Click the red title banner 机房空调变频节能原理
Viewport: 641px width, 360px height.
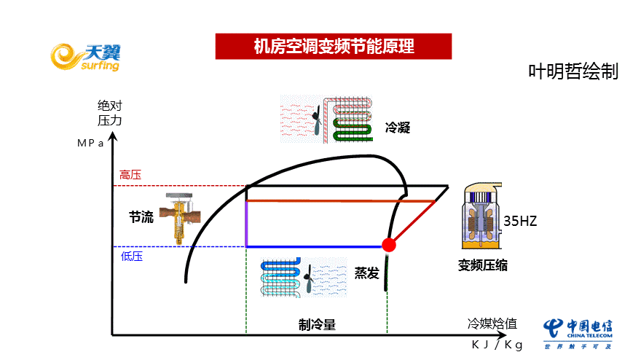point(334,47)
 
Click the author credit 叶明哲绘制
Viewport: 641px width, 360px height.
point(573,71)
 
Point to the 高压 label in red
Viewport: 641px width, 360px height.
point(130,175)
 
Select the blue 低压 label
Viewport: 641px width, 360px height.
point(132,256)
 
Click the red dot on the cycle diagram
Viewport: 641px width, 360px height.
point(388,245)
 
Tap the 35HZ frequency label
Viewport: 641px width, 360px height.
point(520,221)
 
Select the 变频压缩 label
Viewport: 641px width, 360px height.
point(483,265)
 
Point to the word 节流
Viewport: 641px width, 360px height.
point(141,216)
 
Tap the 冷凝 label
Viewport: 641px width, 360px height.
point(398,128)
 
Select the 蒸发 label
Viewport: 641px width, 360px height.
point(367,273)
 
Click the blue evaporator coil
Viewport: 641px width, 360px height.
point(281,277)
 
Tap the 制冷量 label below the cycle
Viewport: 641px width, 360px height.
point(317,325)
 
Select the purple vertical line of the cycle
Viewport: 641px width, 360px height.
point(246,223)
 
